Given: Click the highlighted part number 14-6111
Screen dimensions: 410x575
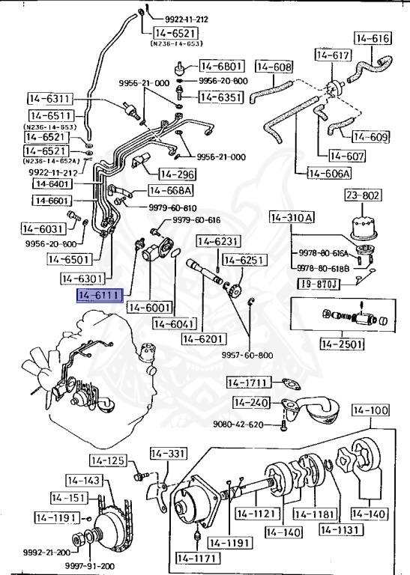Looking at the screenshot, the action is (99, 296).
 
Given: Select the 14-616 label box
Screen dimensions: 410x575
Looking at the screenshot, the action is (373, 38).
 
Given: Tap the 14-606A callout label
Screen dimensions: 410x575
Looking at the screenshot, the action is (329, 173).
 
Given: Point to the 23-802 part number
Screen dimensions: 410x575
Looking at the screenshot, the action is (363, 195).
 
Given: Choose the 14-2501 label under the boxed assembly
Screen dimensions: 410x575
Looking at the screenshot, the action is (342, 344).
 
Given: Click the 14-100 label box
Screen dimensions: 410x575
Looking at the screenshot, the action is (371, 410).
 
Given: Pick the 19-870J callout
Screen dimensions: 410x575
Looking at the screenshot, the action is (319, 284).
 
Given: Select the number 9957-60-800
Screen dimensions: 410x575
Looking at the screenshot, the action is (247, 355).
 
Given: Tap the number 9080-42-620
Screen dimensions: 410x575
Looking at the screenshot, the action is (238, 425).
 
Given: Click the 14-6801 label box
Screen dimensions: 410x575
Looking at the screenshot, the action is (221, 66).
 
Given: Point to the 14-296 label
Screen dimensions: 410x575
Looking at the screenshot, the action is (177, 174).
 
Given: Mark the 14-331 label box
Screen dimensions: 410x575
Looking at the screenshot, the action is (168, 454).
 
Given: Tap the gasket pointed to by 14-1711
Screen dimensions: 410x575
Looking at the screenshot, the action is (290, 384).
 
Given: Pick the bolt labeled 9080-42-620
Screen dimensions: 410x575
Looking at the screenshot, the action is (284, 426).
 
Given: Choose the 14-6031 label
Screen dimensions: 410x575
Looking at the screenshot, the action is (43, 229).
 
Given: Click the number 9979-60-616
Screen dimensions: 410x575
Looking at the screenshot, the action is (196, 220).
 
